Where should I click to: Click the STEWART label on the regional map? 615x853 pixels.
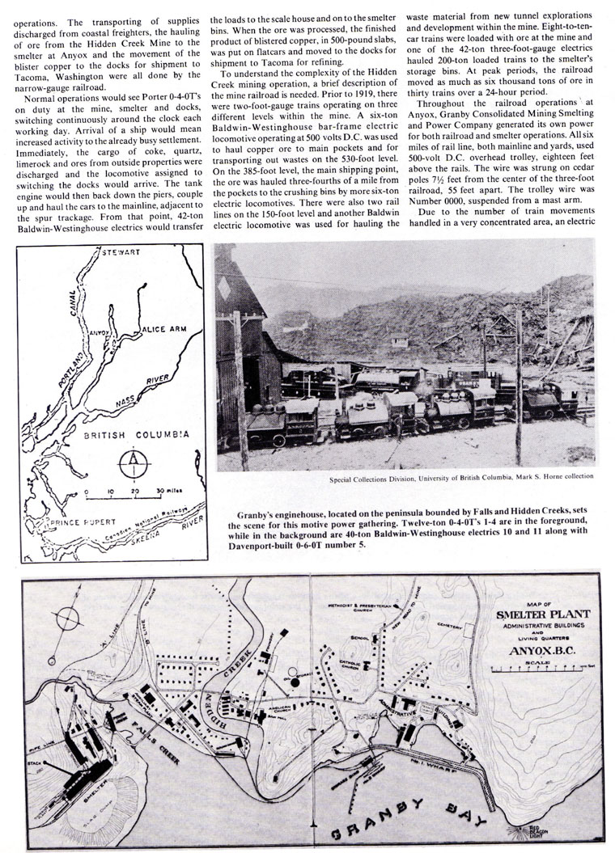[121, 252]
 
